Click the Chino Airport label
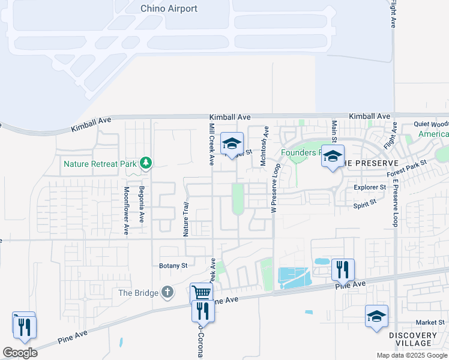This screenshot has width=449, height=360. tap(169, 8)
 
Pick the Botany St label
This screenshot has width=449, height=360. tap(173, 265)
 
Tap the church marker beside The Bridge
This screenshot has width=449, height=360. tap(167, 292)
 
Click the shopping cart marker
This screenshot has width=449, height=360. tap(201, 292)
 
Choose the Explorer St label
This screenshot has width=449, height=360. tap(369, 187)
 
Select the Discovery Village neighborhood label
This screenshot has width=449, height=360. tap(413, 339)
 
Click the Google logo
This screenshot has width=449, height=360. tap(20, 353)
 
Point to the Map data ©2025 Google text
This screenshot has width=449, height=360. tap(411, 355)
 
